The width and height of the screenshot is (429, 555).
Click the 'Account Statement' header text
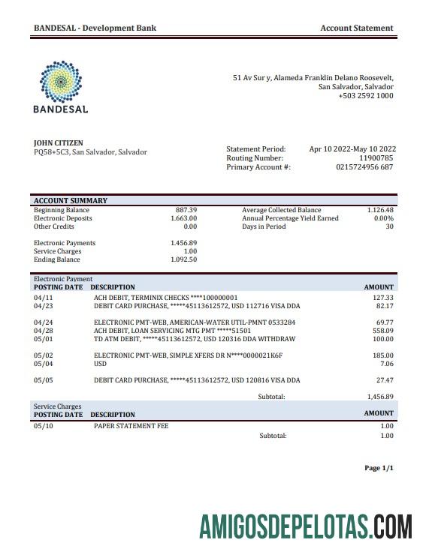[356, 28]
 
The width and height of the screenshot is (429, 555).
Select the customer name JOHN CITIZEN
[59, 142]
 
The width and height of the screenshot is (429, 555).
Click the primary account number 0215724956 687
[364, 167]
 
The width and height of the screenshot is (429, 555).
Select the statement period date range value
[352, 149]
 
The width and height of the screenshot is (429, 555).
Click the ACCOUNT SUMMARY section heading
[71, 201]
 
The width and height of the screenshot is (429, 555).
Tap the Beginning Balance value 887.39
[186, 210]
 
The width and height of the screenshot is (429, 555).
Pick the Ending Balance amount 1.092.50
[183, 259]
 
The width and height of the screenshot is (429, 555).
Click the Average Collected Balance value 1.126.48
[380, 210]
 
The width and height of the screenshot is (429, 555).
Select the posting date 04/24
[43, 322]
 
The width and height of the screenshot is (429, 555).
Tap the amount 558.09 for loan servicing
[382, 331]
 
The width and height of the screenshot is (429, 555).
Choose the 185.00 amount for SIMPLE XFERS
[382, 355]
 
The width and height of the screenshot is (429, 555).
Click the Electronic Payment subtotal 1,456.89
[379, 396]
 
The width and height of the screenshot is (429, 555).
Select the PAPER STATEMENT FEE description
[131, 426]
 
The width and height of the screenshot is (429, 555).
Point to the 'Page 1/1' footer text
[379, 468]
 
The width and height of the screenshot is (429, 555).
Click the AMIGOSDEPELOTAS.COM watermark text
[305, 525]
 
